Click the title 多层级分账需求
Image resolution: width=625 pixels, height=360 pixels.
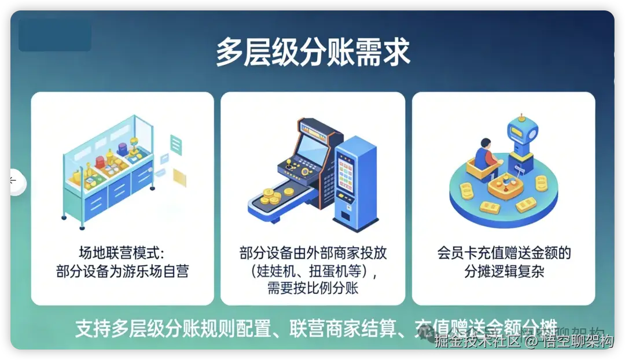[312, 53]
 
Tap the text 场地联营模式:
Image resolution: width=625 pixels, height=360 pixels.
[122, 253]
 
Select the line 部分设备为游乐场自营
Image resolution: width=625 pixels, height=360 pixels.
[122, 271]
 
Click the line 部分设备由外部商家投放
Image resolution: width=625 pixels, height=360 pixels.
[312, 253]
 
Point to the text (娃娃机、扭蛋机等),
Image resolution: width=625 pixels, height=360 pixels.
[312, 270]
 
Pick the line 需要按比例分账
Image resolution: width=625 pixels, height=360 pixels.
[312, 288]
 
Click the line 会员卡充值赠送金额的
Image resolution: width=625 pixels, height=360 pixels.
[503, 253]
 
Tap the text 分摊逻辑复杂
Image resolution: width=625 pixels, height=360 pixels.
[503, 271]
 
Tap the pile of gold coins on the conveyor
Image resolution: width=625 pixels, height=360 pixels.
[271, 197]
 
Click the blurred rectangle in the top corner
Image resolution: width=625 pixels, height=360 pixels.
[55, 35]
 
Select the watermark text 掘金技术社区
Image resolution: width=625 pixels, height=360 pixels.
[478, 341]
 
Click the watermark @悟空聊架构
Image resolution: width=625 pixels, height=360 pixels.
[569, 341]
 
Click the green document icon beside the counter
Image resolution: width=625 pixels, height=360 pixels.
[176, 144]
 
